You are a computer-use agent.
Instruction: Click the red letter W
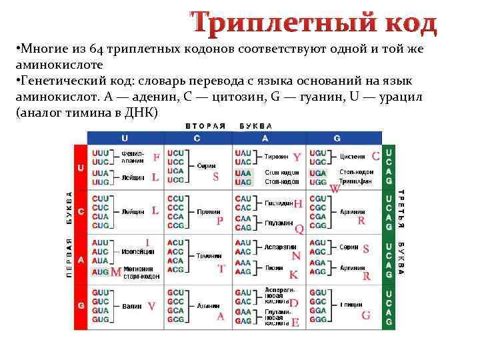tap(335, 189)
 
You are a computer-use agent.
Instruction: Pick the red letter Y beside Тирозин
tap(297, 157)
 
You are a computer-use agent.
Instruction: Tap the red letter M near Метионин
tap(116, 273)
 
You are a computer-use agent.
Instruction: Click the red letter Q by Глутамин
tap(299, 229)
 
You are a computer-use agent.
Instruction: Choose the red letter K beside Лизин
tap(293, 275)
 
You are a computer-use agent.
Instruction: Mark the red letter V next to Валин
tap(151, 307)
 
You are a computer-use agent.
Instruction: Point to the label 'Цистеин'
tap(353, 157)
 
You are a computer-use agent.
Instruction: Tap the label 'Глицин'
tap(351, 305)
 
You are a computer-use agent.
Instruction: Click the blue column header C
tap(197, 138)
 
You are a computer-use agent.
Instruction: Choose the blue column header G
tap(337, 138)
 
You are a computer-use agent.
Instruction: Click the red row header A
tap(81, 260)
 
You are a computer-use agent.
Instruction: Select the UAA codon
tap(243, 173)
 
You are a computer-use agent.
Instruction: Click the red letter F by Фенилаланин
tap(156, 158)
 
